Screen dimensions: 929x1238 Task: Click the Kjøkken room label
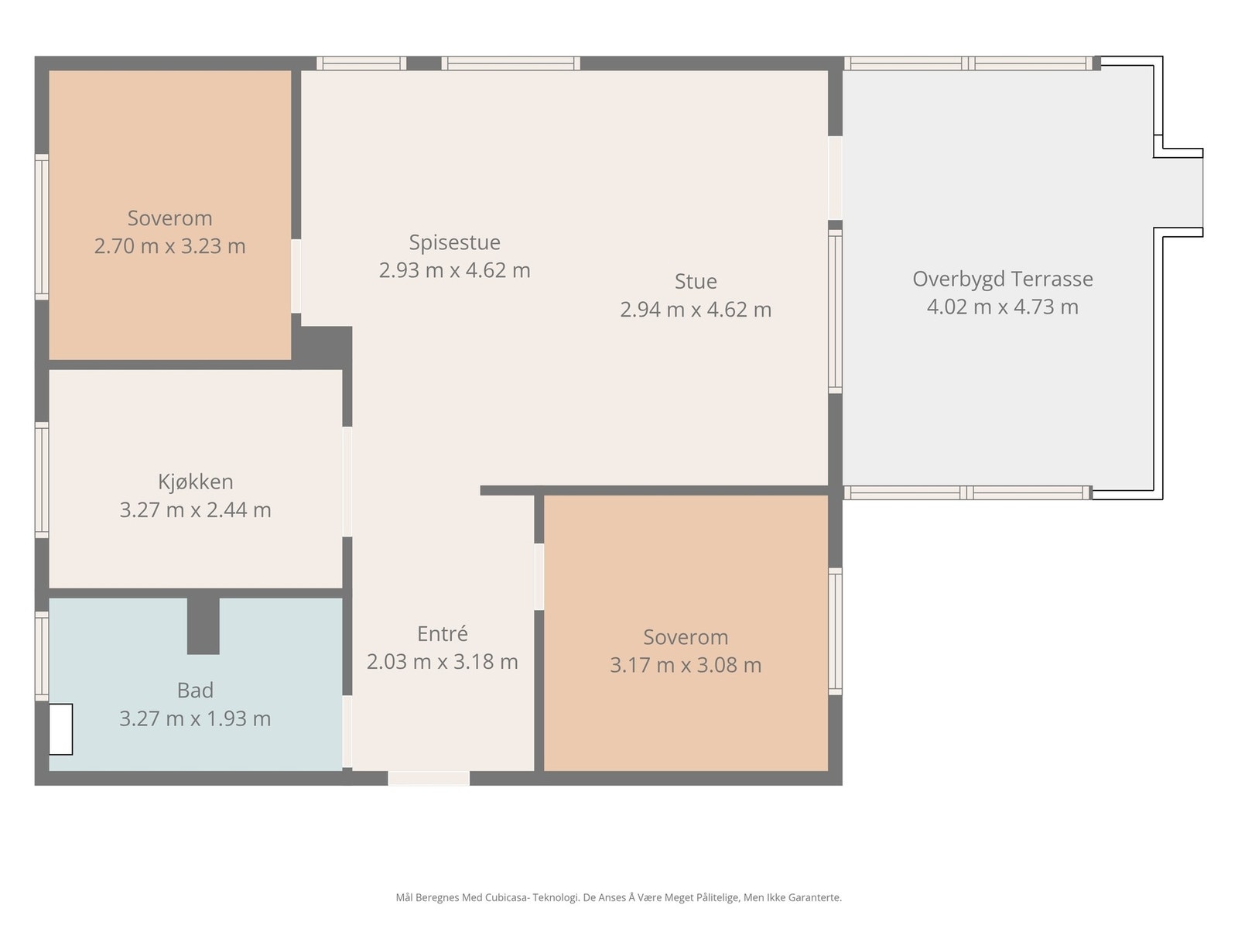click(x=195, y=482)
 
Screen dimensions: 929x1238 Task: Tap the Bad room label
click(x=195, y=690)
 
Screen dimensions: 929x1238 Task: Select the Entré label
click(x=442, y=633)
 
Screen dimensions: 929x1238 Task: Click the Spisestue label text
click(x=454, y=242)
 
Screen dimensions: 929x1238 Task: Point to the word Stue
click(x=696, y=281)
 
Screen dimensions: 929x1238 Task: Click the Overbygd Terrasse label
click(x=1002, y=279)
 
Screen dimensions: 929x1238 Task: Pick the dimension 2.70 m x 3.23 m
click(x=169, y=246)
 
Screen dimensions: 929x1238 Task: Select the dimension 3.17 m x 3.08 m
click(x=686, y=665)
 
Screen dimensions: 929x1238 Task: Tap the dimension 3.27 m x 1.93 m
click(x=195, y=718)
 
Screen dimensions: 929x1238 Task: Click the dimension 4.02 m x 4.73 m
click(x=1002, y=307)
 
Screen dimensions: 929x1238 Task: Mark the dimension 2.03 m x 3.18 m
click(x=442, y=662)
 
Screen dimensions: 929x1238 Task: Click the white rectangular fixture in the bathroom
click(x=61, y=728)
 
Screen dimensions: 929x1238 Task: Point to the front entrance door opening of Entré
click(x=429, y=778)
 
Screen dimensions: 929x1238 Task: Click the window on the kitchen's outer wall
click(x=42, y=479)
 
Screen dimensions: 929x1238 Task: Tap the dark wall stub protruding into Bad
click(x=203, y=626)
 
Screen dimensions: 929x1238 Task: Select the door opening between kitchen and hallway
click(x=347, y=482)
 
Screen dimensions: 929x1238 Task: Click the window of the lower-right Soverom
click(x=835, y=630)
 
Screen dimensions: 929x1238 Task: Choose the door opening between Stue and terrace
click(x=835, y=178)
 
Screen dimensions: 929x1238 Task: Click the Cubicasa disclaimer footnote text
click(x=618, y=897)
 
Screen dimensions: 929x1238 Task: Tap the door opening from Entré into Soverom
click(x=539, y=576)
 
